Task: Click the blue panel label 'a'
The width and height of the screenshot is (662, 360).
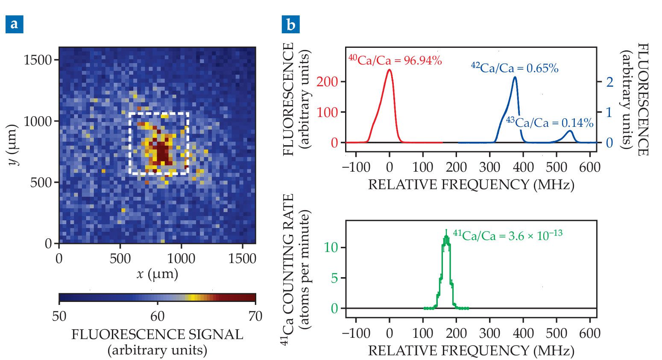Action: tap(14, 24)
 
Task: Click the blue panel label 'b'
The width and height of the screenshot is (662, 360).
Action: tap(290, 24)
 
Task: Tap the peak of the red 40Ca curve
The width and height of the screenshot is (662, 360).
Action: tap(389, 70)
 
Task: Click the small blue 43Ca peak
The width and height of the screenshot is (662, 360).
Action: tap(570, 131)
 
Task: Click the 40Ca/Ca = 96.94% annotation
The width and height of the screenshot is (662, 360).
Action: tap(395, 60)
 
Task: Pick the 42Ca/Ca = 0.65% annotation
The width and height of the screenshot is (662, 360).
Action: tap(514, 67)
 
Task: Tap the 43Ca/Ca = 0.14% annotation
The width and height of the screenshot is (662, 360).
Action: tap(550, 123)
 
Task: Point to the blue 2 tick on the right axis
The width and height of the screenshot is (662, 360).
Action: tap(609, 82)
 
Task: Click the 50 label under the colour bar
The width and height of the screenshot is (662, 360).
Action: tap(59, 316)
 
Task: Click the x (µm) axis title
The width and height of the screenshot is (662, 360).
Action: tap(157, 274)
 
